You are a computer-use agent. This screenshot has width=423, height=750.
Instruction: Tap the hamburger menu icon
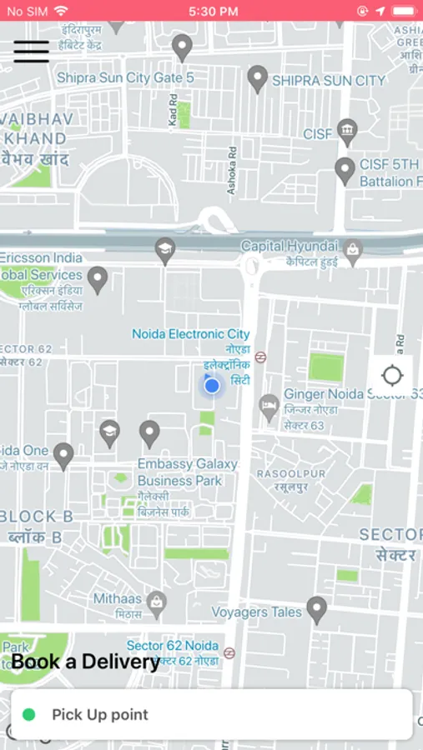click(31, 52)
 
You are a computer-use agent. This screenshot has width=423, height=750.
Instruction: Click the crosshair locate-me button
click(391, 375)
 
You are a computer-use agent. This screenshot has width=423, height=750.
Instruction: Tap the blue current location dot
click(212, 386)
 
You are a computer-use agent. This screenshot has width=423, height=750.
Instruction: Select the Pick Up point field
click(212, 714)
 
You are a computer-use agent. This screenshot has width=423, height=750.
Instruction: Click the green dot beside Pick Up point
click(29, 714)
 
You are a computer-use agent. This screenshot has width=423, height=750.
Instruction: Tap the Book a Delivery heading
click(85, 662)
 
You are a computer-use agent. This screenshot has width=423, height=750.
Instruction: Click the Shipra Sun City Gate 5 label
click(125, 77)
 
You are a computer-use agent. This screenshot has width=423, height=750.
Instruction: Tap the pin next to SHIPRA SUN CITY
click(258, 78)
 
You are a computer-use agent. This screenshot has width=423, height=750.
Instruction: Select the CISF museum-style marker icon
click(347, 131)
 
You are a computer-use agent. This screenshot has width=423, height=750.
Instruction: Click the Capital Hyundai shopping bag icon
click(353, 250)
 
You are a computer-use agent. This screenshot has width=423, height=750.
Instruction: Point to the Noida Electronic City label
click(191, 334)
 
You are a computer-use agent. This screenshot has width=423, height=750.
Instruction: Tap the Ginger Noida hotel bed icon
click(269, 407)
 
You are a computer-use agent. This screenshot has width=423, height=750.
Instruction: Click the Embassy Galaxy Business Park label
click(187, 472)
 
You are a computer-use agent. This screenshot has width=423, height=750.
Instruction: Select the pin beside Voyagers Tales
click(316, 609)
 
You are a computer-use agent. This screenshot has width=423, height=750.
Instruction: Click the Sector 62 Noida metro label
click(173, 646)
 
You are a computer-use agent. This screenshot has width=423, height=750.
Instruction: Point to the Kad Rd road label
click(174, 110)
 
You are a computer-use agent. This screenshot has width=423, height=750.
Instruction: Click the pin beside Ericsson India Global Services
click(98, 279)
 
